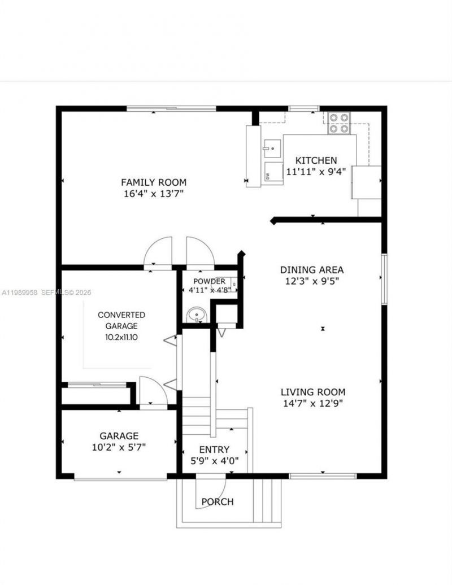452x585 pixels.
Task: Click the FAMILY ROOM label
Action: pyautogui.click(x=153, y=182)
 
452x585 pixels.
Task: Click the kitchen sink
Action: pyautogui.click(x=272, y=149)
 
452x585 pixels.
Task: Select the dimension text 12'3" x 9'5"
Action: pyautogui.click(x=312, y=281)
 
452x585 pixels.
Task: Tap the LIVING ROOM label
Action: pyautogui.click(x=313, y=392)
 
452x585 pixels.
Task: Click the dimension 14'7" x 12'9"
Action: pyautogui.click(x=313, y=403)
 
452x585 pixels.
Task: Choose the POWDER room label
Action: pyautogui.click(x=209, y=281)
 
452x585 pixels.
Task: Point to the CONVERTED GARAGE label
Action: pyautogui.click(x=121, y=320)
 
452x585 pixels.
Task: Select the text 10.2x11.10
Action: pyautogui.click(x=121, y=337)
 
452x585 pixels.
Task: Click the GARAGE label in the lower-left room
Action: pyautogui.click(x=119, y=436)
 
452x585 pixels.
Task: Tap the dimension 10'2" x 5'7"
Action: pyautogui.click(x=119, y=447)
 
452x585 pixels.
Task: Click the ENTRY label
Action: pyautogui.click(x=214, y=449)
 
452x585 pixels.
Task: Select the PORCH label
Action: pyautogui.click(x=218, y=501)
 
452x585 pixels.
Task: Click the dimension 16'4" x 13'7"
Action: pyautogui.click(x=153, y=194)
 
